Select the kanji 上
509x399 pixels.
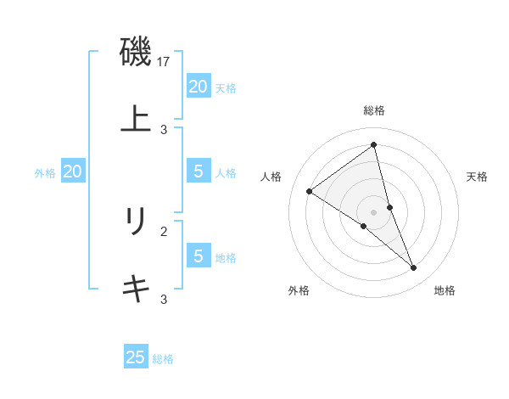[x=136, y=118]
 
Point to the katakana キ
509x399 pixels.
[x=136, y=289]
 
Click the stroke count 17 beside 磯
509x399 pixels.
[x=164, y=62]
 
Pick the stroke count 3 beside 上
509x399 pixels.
[x=164, y=129]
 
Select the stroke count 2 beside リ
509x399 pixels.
[x=164, y=230]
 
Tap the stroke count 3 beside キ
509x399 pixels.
[x=164, y=299]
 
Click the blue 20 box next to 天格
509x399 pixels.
[x=198, y=87]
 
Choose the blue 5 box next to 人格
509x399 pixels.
[x=198, y=171]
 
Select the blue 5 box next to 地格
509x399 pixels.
[x=198, y=256]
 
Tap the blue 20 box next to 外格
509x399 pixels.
[x=72, y=171]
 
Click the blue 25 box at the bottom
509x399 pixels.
[x=136, y=357]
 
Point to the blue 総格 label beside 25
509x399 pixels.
[x=163, y=359]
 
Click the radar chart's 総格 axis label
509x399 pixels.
[x=374, y=110]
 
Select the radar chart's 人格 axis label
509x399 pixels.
[x=271, y=177]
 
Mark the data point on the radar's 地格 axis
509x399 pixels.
[x=414, y=268]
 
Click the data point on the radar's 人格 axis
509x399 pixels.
[x=309, y=192]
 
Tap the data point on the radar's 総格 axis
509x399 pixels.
[x=374, y=144]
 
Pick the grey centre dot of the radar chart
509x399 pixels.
[x=374, y=211]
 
